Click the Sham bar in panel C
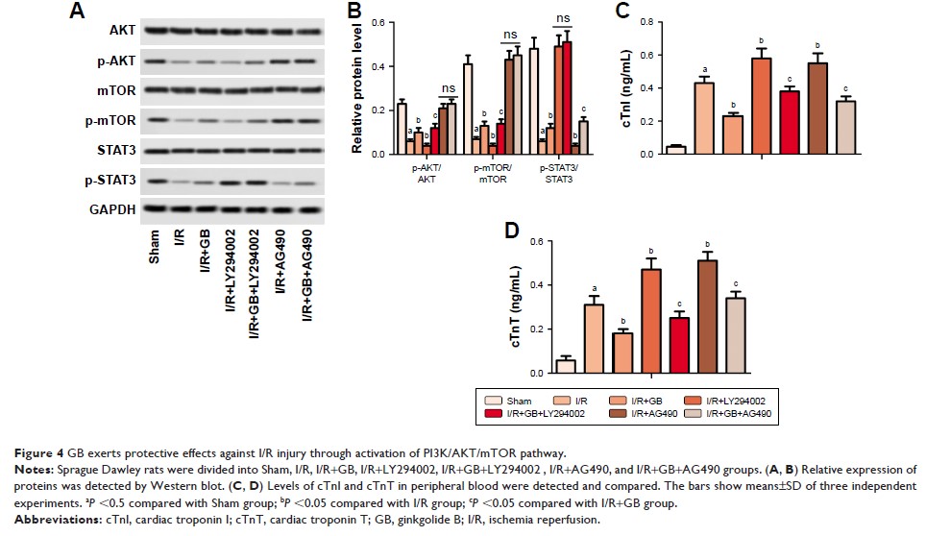[x=676, y=149]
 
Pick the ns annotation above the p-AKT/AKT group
[x=448, y=89]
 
